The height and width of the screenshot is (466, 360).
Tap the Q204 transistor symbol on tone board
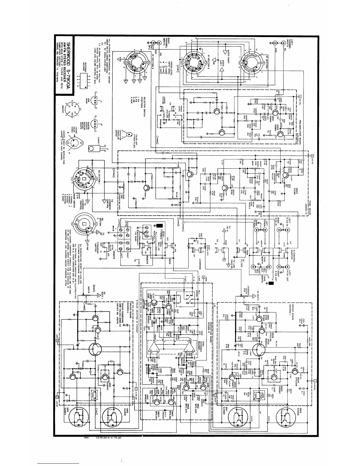click(x=225, y=189)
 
